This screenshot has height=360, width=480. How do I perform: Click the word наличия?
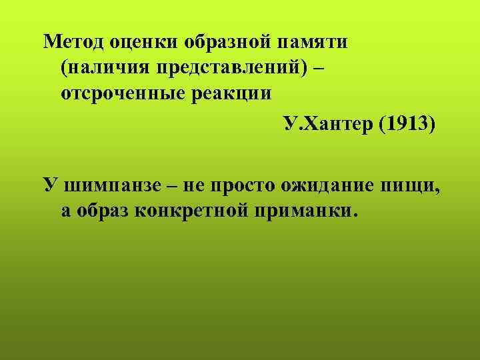pyautogui.click(x=111, y=67)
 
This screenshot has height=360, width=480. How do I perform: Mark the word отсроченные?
pyautogui.click(x=127, y=93)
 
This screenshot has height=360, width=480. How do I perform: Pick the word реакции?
pyautogui.click(x=235, y=93)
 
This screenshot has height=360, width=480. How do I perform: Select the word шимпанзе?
pyautogui.click(x=111, y=185)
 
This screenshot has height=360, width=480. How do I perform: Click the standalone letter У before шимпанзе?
pyautogui.click(x=49, y=185)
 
